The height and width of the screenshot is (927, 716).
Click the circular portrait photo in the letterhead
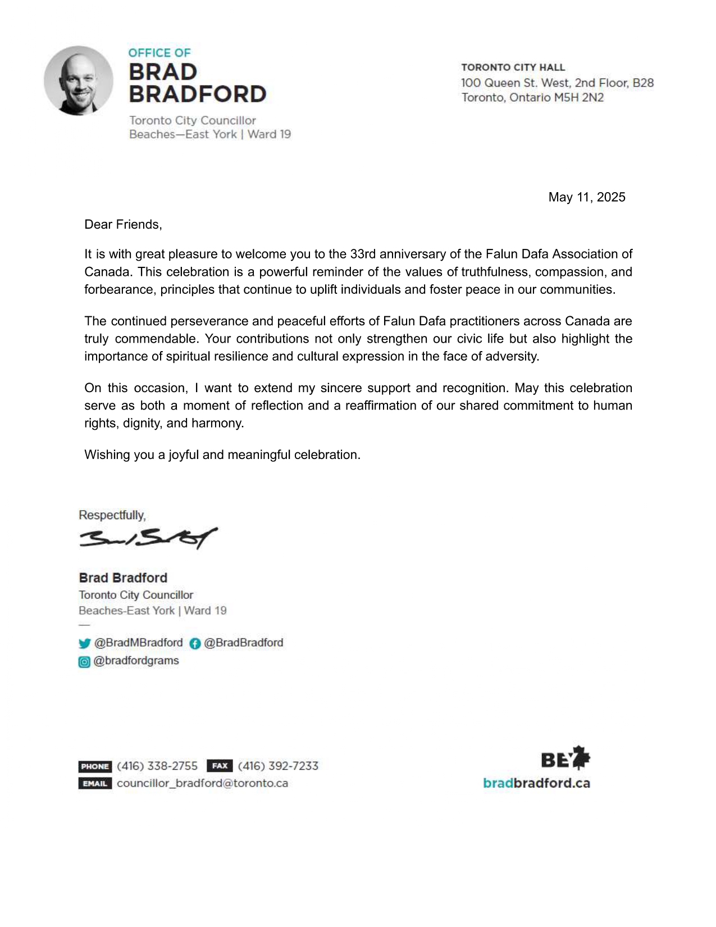coord(79,80)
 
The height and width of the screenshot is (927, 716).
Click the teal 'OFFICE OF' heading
coord(159,53)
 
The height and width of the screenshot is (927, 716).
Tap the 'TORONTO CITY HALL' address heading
coord(513,67)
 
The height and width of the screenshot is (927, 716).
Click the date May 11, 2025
coord(587,197)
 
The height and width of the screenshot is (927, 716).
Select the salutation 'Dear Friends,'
coord(123,225)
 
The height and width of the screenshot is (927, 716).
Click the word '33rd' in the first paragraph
coord(363,254)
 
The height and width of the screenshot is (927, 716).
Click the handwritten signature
coord(148,538)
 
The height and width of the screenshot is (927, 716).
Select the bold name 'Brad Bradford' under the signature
coord(123,578)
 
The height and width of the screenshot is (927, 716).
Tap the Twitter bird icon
coord(85,643)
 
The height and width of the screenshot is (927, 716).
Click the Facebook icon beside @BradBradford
coord(195,643)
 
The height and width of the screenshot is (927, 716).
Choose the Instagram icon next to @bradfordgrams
coord(84,662)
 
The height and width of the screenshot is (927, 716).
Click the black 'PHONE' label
coord(95,766)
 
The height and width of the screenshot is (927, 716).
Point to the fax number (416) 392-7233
coord(278,766)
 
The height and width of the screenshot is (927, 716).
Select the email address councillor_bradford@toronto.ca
coord(202,783)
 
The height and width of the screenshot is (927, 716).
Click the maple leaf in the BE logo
coord(581,758)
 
